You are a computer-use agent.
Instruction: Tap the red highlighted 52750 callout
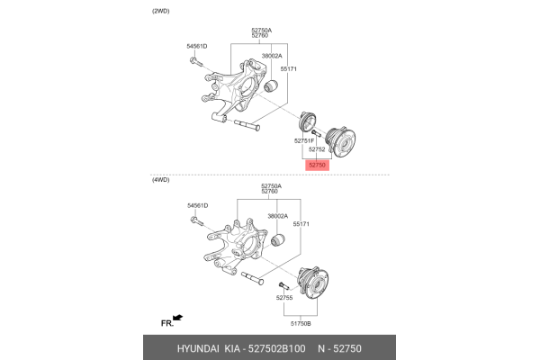pyautogui.click(x=317, y=165)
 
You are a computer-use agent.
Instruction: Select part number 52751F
pyautogui.click(x=305, y=141)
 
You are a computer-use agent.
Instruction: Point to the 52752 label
pyautogui.click(x=317, y=149)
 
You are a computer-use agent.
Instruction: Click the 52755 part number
pyautogui.click(x=284, y=297)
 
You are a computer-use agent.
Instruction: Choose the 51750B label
pyautogui.click(x=300, y=320)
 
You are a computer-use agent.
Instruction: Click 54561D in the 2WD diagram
pyautogui.click(x=197, y=46)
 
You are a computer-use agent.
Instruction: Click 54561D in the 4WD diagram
pyautogui.click(x=197, y=206)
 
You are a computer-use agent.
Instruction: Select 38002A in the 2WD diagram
pyautogui.click(x=272, y=56)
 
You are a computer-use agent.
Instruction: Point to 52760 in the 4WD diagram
pyautogui.click(x=269, y=192)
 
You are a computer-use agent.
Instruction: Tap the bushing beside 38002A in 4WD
pyautogui.click(x=278, y=243)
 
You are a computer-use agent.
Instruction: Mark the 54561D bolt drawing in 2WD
pyautogui.click(x=195, y=61)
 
